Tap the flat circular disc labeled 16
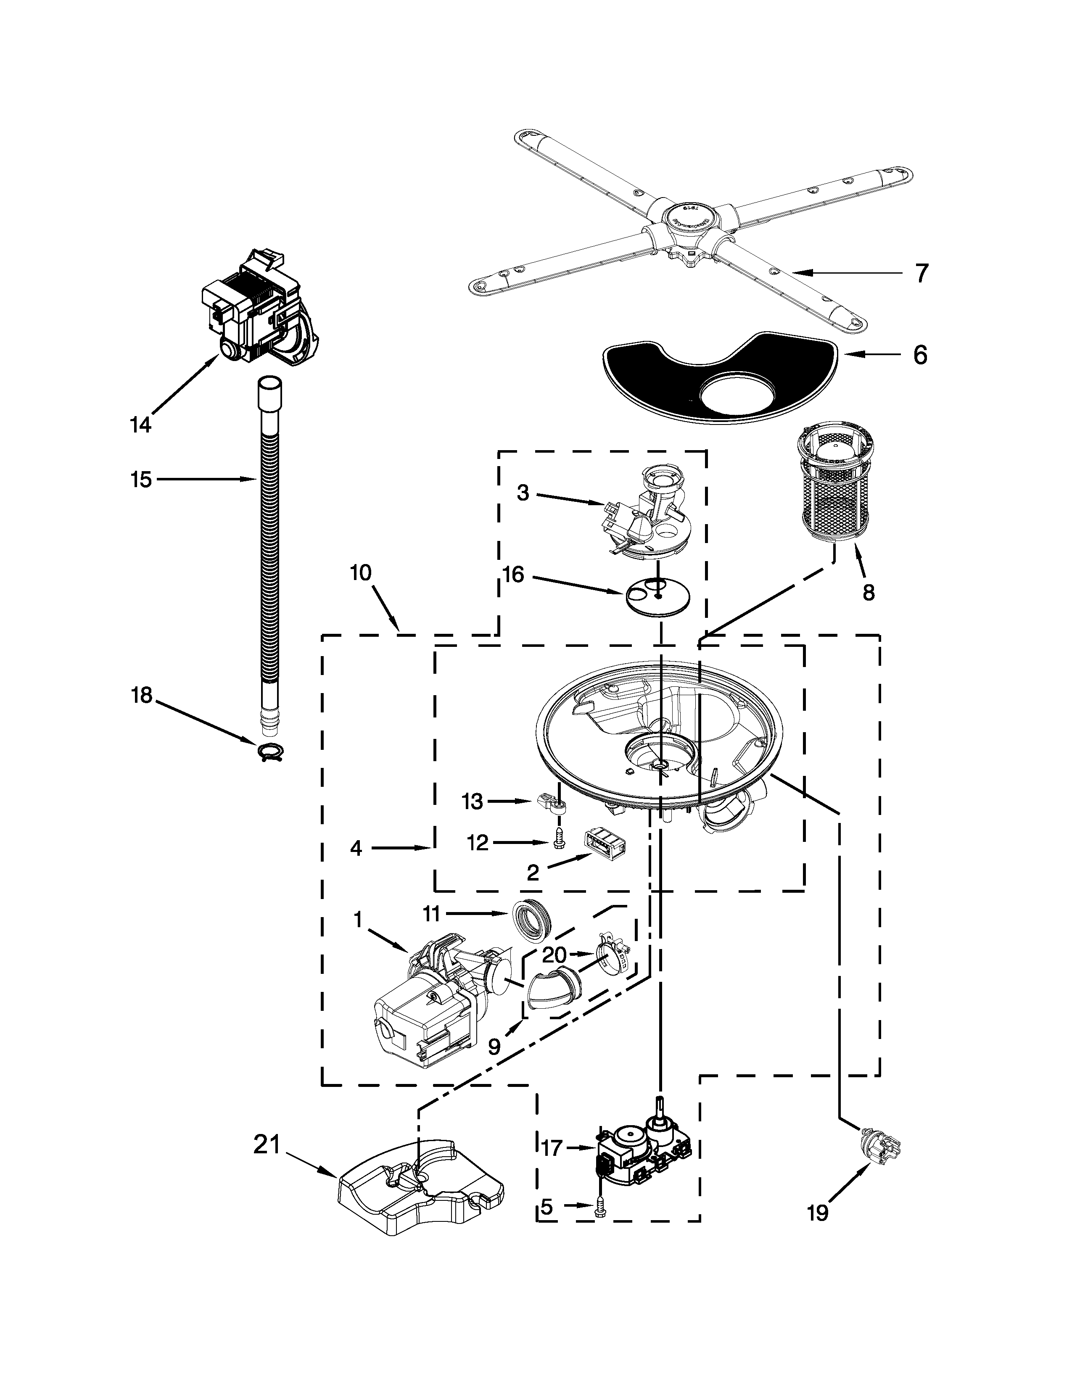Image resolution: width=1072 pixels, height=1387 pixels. coord(658,596)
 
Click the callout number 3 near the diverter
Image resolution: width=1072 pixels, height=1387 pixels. coord(523,493)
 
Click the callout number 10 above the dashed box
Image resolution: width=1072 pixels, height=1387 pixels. coord(360,573)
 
